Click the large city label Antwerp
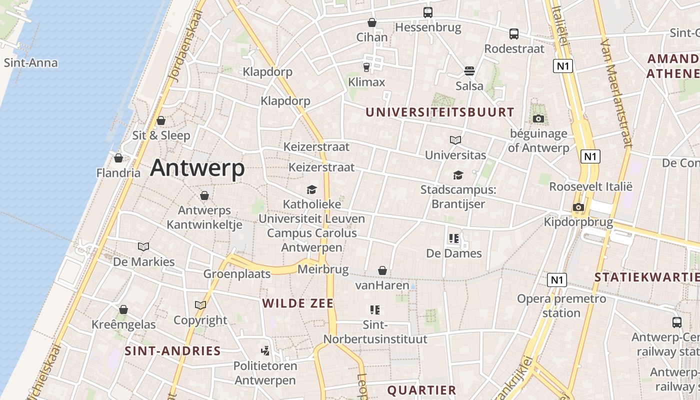(x=197, y=168)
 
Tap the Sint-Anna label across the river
(x=30, y=63)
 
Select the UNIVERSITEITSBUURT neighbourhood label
(x=439, y=112)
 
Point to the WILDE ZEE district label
(x=298, y=303)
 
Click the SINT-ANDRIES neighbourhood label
(x=172, y=351)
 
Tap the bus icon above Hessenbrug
(x=427, y=12)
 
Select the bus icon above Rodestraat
(x=513, y=34)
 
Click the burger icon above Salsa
(x=469, y=70)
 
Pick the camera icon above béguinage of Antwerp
(x=538, y=118)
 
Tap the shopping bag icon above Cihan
(x=371, y=22)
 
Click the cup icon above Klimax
(x=366, y=66)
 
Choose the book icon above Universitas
(x=455, y=140)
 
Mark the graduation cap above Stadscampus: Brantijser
(x=458, y=175)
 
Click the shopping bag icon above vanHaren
(x=382, y=270)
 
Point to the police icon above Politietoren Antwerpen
(x=265, y=350)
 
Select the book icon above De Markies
(x=143, y=246)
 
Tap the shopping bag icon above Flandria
(x=118, y=158)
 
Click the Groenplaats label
(x=236, y=274)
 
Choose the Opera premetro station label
(x=561, y=306)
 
